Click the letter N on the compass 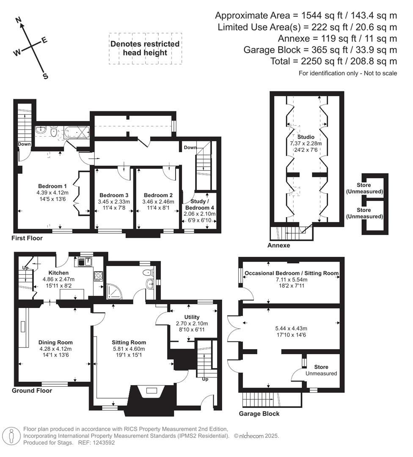pyautogui.click(x=18, y=20)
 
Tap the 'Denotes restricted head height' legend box pyautogui.click(x=145, y=48)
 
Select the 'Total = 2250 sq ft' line pyautogui.click(x=333, y=61)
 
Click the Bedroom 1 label pyautogui.click(x=52, y=186)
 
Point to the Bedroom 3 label pyautogui.click(x=113, y=195)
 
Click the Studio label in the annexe pyautogui.click(x=306, y=137)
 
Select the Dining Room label pyautogui.click(x=55, y=342)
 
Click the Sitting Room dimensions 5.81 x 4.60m pyautogui.click(x=129, y=349)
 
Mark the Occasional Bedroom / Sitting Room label pyautogui.click(x=292, y=273)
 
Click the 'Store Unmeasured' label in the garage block pyautogui.click(x=321, y=370)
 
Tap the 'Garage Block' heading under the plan pyautogui.click(x=259, y=413)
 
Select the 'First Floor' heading pyautogui.click(x=27, y=238)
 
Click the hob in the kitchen pyautogui.click(x=98, y=276)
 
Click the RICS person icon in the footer pyautogui.click(x=11, y=436)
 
